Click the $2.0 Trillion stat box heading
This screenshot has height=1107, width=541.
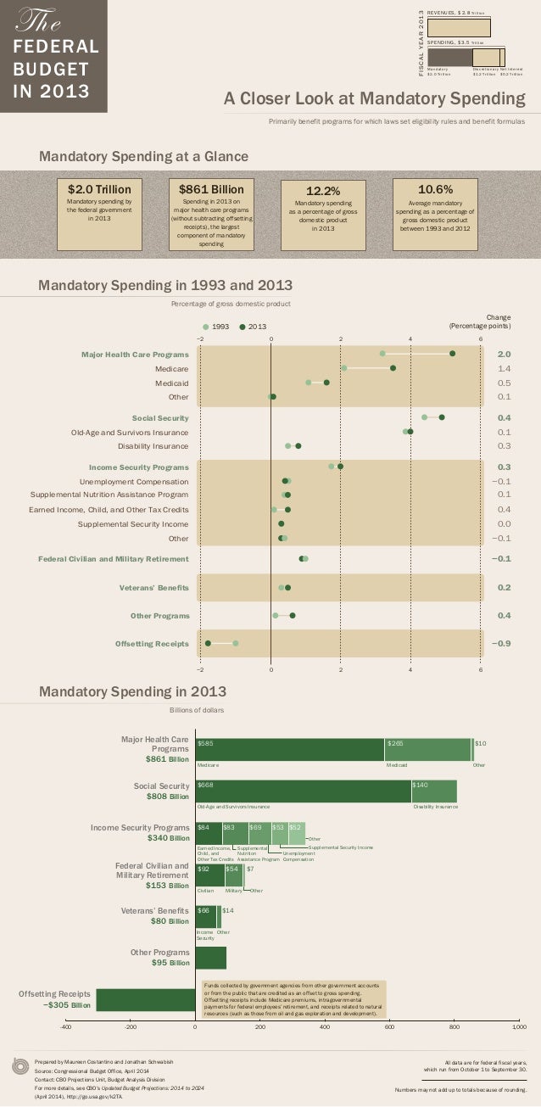[x=99, y=189]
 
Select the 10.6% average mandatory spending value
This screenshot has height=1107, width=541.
[x=435, y=189]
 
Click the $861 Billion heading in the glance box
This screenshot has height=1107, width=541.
[x=211, y=189]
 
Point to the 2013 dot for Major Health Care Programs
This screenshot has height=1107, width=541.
[x=453, y=353]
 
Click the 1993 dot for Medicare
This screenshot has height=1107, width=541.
[x=343, y=368]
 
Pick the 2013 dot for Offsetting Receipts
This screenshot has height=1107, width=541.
[x=208, y=643]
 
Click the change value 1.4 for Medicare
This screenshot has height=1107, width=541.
[x=504, y=369]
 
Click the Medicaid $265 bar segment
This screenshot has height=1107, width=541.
[x=427, y=750]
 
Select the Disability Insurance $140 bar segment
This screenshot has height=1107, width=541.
[x=433, y=791]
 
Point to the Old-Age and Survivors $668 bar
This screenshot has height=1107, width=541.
[x=303, y=791]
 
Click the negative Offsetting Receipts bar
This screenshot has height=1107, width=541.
[x=145, y=999]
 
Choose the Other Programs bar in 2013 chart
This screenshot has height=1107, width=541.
[x=210, y=957]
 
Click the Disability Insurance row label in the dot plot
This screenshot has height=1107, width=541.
[x=153, y=445]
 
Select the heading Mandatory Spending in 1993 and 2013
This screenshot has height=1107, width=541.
[x=165, y=286]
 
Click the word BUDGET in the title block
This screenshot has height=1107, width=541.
[x=54, y=69]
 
